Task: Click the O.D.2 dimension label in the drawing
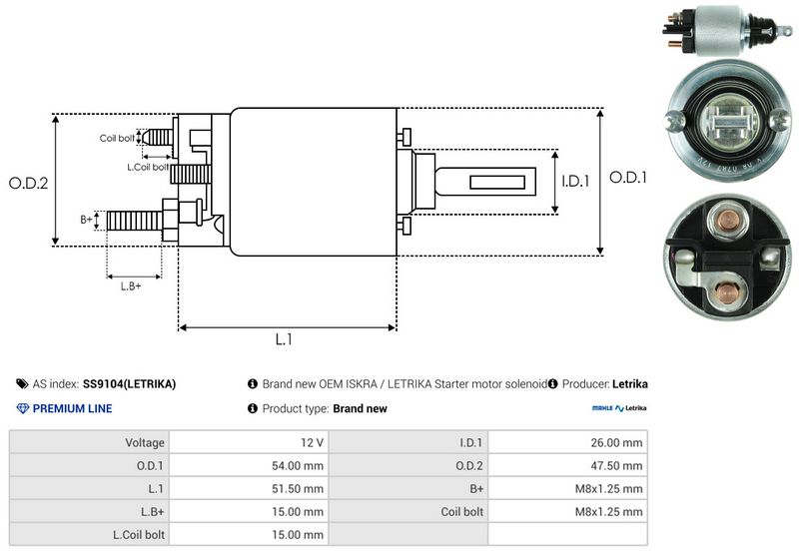(29, 183)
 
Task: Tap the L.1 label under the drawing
(284, 339)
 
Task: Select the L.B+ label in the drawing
(131, 286)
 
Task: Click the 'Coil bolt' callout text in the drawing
(117, 138)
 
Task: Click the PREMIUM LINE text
(72, 408)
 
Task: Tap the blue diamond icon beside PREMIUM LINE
(23, 408)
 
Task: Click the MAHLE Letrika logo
(619, 408)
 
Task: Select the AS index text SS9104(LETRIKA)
(129, 383)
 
